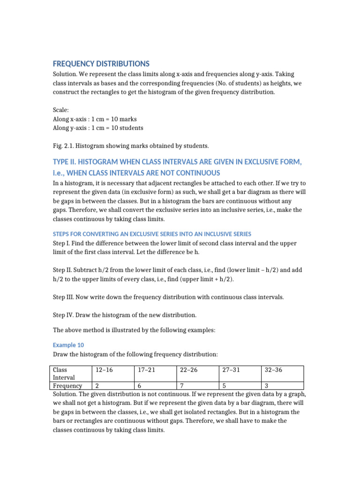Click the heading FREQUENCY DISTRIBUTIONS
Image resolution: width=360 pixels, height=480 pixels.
(x=101, y=63)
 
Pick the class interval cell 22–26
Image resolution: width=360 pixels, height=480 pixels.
(x=188, y=370)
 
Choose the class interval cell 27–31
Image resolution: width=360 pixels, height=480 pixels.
(x=231, y=370)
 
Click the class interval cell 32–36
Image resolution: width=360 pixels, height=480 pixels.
(x=273, y=370)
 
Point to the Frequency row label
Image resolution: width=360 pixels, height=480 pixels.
(x=68, y=386)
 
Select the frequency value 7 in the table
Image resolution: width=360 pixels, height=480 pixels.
(x=182, y=386)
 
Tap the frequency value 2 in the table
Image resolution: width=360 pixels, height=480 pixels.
(x=97, y=386)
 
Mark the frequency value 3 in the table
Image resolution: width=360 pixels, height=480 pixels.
(x=267, y=386)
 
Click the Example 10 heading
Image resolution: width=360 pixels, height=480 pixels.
(x=68, y=345)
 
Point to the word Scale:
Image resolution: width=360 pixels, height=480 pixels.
(x=61, y=110)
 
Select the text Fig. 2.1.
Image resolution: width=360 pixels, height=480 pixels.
(x=63, y=146)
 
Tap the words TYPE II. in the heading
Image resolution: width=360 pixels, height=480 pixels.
(x=68, y=162)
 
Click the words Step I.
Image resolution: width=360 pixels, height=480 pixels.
(x=62, y=244)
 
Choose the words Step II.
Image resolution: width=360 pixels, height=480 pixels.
(x=63, y=270)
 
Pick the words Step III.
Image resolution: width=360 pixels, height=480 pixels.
(x=64, y=297)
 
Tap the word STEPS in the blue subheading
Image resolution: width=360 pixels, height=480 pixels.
(x=61, y=233)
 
